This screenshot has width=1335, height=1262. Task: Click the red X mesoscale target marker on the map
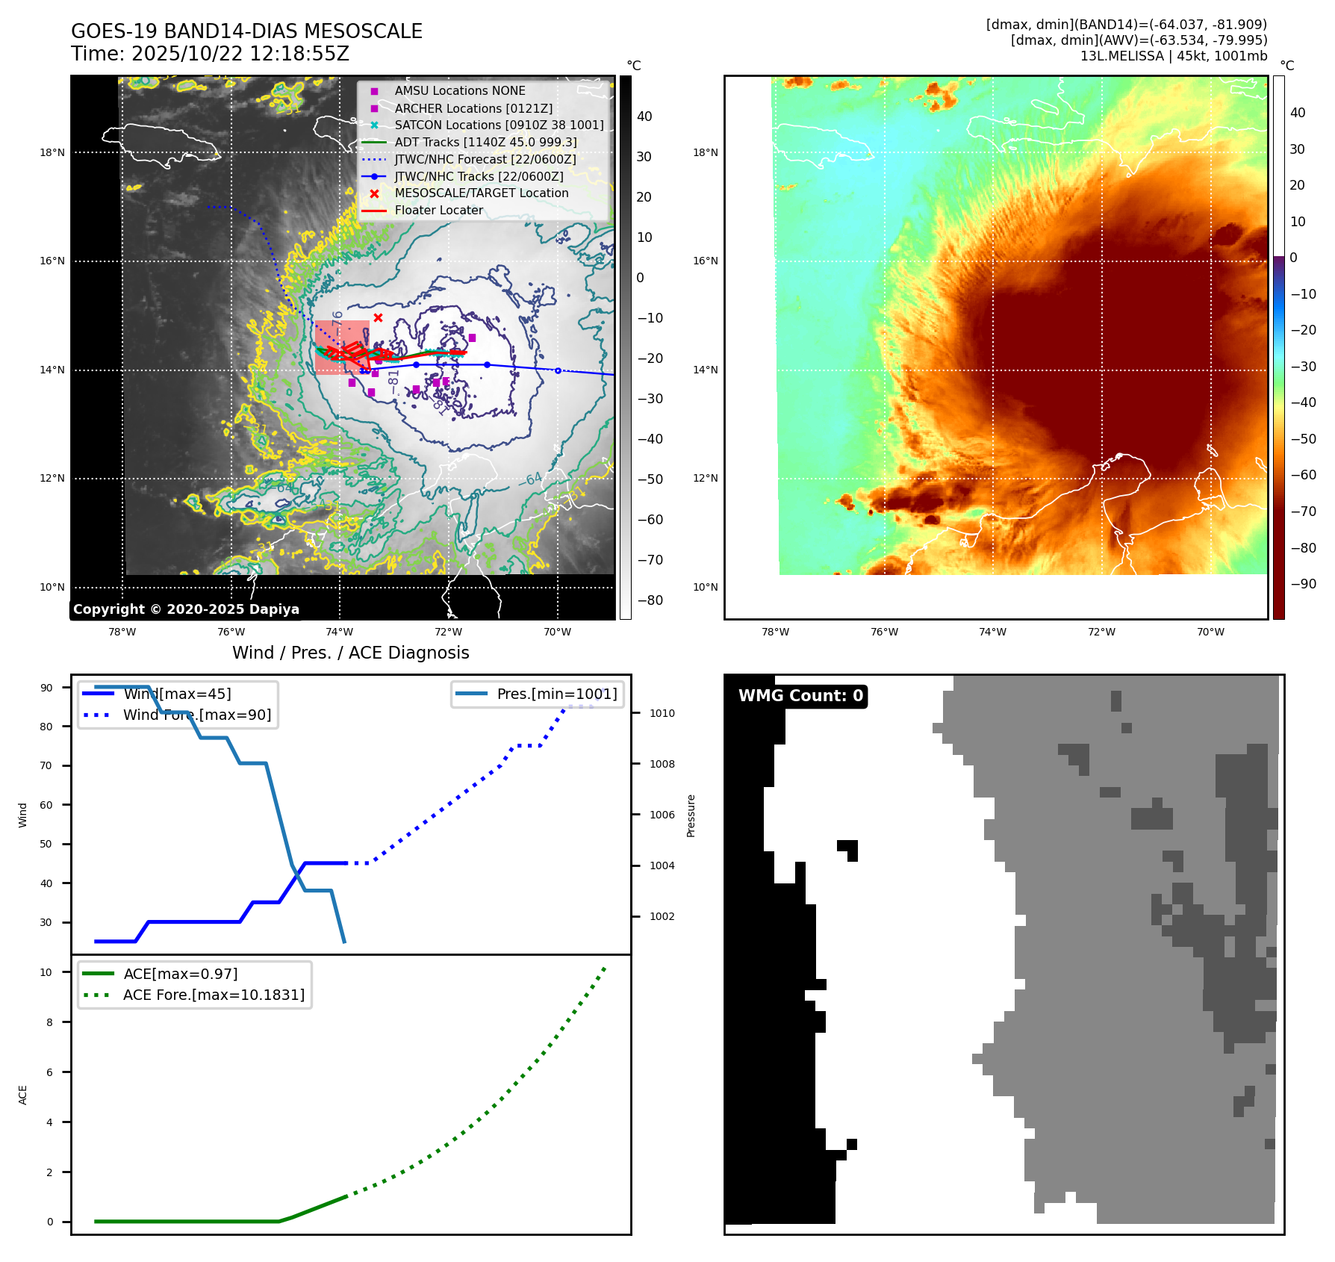tap(378, 318)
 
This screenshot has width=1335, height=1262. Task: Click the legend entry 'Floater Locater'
tap(438, 211)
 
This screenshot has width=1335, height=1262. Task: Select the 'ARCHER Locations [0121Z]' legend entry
tap(473, 108)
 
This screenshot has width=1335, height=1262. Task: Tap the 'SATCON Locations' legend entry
tap(499, 125)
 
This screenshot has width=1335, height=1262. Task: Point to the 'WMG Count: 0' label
tap(800, 696)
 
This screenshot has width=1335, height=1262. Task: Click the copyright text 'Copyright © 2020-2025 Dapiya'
tap(186, 609)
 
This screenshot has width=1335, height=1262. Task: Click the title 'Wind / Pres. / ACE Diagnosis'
tap(350, 653)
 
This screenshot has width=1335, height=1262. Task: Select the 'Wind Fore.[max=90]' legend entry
tap(197, 715)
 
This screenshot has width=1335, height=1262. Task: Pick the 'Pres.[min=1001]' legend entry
tap(557, 694)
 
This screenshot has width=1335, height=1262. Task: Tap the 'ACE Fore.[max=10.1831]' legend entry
tap(214, 995)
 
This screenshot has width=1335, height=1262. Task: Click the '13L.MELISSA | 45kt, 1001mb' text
tap(1173, 56)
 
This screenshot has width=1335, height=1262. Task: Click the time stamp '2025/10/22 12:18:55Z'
tap(240, 54)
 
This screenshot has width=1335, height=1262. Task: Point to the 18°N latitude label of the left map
tap(52, 153)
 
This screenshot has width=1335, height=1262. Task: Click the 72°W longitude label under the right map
tap(1101, 632)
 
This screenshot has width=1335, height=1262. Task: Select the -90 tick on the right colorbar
tap(1303, 584)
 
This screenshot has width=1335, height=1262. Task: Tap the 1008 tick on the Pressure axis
tap(662, 764)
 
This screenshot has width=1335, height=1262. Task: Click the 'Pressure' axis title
tap(691, 815)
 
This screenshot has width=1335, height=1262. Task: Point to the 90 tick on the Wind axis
tap(46, 688)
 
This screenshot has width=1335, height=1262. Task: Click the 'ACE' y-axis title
tap(23, 1095)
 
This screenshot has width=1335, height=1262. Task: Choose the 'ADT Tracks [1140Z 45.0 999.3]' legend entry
tap(485, 143)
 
